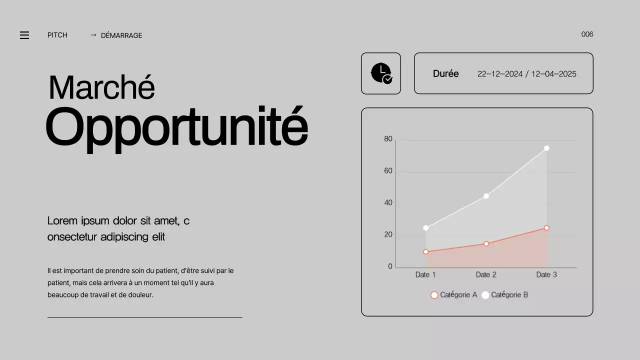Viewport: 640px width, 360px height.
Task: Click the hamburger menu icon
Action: coord(24,35)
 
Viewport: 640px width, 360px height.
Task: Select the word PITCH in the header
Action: coord(57,35)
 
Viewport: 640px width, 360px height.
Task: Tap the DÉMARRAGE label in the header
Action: coord(121,35)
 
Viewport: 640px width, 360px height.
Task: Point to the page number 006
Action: coord(587,34)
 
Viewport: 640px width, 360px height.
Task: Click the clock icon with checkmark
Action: coord(381,73)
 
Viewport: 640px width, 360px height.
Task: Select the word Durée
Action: coord(445,73)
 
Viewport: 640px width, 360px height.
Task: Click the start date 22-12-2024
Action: coord(499,74)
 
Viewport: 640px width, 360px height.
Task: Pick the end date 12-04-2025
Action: coord(553,74)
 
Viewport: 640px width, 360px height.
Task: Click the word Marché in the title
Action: coord(101,87)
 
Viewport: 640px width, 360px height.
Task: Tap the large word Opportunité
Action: coord(176,127)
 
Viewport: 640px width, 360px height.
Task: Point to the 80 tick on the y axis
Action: coord(388,139)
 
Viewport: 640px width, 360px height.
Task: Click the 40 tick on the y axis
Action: coord(388,202)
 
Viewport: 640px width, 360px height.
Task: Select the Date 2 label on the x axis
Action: coord(486,274)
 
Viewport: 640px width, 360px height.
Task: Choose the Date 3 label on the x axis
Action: coord(546,274)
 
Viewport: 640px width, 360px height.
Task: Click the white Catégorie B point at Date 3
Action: coord(546,148)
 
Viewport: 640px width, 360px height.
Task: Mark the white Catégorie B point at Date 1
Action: coord(426,228)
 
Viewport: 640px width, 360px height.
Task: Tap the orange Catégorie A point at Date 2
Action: coord(486,244)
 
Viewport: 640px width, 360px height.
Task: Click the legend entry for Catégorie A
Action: coord(454,295)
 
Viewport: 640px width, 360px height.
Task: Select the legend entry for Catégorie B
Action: coord(505,295)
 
